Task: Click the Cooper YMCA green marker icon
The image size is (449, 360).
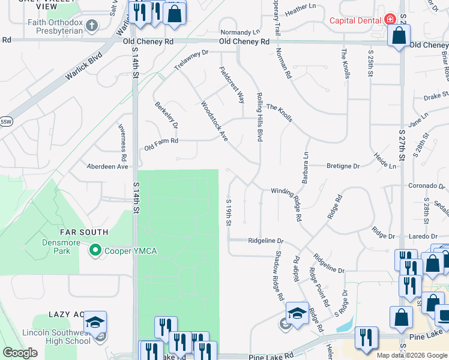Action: point(95,250)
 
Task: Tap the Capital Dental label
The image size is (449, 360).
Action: point(355,20)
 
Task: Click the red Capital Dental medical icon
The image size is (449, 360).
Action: point(390,19)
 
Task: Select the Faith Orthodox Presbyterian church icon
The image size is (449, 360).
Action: point(91,25)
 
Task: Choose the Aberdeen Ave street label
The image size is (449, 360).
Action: point(108,166)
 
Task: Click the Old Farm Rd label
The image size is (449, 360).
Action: point(161,142)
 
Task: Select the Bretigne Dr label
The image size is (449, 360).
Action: point(343,166)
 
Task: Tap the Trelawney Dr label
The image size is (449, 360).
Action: point(191,60)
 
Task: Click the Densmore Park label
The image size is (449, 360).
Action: point(58,244)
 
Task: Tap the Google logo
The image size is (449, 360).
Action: point(20,353)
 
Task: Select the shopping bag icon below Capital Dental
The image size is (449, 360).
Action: point(399,36)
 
